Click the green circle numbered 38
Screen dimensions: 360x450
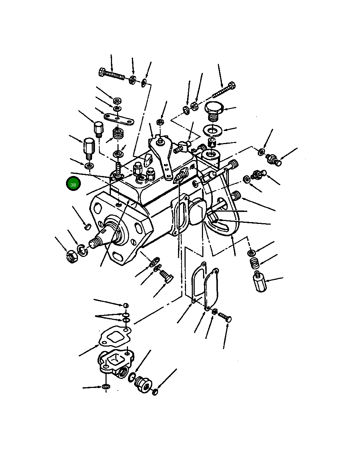pos(73,184)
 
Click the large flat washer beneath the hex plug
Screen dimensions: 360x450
pos(213,131)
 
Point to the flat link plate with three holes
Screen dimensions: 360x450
pos(119,119)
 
